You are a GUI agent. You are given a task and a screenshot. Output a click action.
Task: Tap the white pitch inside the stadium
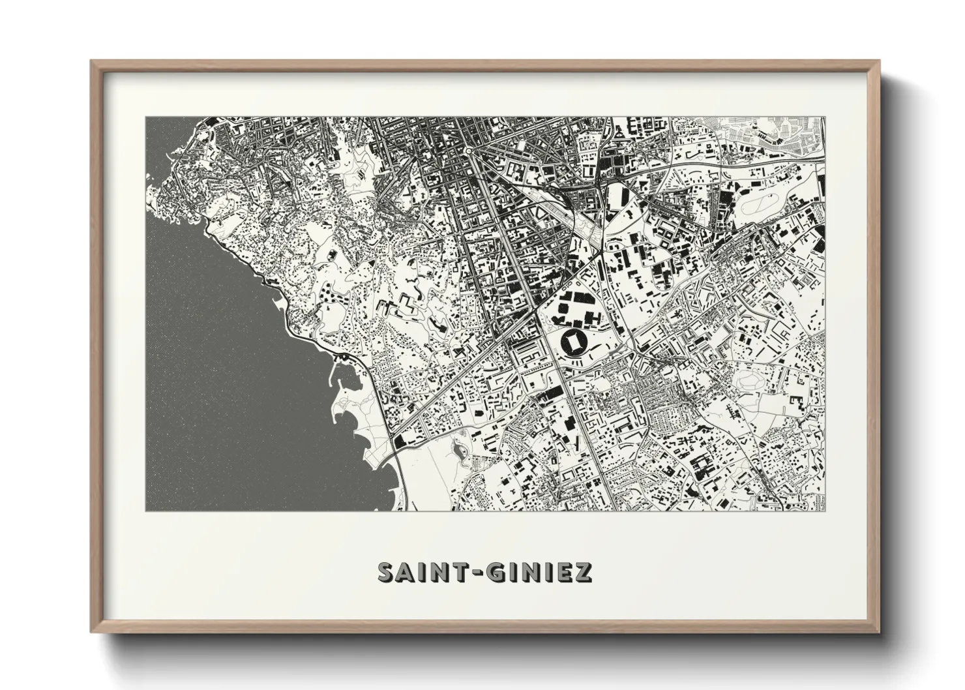(574, 341)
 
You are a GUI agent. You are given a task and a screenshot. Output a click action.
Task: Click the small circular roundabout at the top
(468, 151)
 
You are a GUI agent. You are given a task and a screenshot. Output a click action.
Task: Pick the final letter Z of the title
(582, 572)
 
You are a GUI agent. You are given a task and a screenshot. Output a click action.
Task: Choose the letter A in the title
(406, 572)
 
